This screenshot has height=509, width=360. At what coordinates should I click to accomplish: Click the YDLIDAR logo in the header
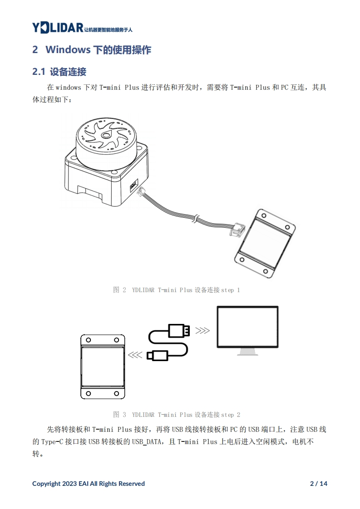coord(57,28)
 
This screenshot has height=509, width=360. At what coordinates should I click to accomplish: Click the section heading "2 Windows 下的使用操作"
coord(92,50)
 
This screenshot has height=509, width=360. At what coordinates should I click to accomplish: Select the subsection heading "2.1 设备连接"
coord(59,72)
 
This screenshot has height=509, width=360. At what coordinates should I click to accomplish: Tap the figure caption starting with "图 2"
coord(176,290)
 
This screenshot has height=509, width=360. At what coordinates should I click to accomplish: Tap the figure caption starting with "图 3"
coord(176,415)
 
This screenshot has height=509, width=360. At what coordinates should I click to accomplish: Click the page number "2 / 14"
coord(318,484)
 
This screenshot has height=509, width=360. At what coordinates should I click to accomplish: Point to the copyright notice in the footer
coord(89,484)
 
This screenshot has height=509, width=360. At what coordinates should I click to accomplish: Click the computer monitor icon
coord(247,327)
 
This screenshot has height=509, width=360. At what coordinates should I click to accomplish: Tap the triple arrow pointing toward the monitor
coord(202,330)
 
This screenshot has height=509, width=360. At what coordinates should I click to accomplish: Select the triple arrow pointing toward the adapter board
coord(135,355)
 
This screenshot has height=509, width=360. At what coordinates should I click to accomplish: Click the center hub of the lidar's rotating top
coord(106,135)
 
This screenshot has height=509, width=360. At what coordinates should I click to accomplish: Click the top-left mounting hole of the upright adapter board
coord(89,340)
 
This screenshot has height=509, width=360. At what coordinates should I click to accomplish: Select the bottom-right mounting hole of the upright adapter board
coord(116,393)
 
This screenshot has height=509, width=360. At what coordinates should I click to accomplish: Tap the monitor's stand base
coord(248,353)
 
